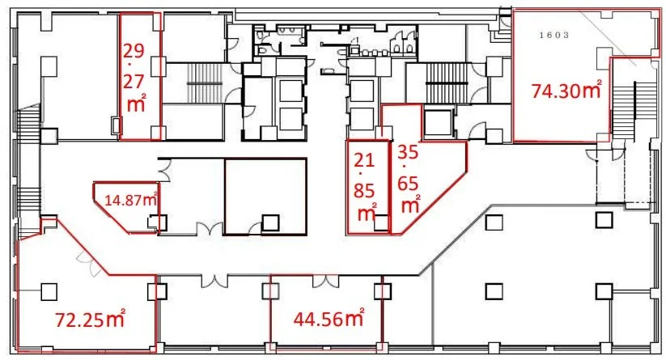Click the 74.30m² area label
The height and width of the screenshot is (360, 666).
click(566, 90)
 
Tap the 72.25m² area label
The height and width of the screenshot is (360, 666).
click(90, 319)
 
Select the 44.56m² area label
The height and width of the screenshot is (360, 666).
click(329, 318)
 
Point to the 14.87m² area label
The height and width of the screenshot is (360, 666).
click(131, 199)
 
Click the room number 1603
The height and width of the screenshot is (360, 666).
click(554, 36)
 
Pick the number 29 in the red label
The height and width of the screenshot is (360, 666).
click(134, 50)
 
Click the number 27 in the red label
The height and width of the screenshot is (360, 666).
click(134, 82)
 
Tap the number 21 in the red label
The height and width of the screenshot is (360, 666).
click(364, 160)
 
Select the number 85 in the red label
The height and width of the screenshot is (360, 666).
click(364, 191)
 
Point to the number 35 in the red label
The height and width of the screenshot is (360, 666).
click(408, 152)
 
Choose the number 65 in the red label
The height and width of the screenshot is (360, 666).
click(408, 184)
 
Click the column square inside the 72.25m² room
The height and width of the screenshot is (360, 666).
click(49, 292)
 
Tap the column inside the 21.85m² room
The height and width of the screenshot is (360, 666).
click(381, 222)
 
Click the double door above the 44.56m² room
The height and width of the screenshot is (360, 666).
click(326, 281)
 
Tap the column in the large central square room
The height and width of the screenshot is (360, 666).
click(270, 223)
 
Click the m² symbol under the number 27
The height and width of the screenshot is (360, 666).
click(136, 104)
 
